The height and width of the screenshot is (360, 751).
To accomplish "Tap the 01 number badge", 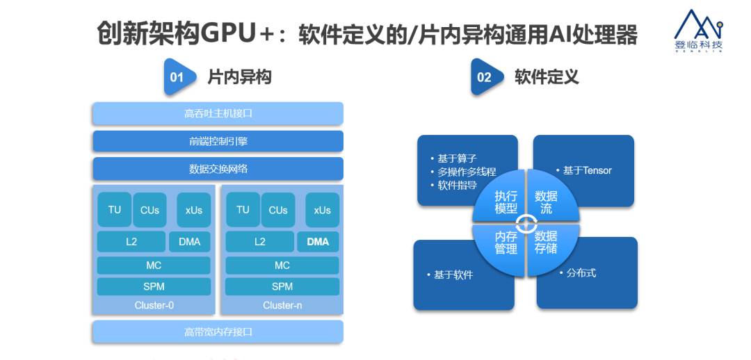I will coord(177,77).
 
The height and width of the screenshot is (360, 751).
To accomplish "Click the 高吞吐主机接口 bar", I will coord(218,113).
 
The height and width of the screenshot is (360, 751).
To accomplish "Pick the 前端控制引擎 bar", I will coord(218,141).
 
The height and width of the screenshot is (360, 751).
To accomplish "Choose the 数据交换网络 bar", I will coord(218,169).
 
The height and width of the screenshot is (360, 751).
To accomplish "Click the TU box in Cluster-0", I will coord(114,209).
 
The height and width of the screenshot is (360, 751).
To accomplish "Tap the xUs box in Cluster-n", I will coord(322,210).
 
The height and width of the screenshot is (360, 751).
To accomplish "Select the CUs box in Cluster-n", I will coord(278,210).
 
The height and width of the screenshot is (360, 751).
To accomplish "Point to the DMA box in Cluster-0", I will coord(189,242).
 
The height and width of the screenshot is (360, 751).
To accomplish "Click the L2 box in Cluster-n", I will coord(259,242).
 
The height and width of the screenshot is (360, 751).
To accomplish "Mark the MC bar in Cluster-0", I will coord(154,265).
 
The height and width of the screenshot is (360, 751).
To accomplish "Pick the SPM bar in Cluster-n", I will coord(282,286).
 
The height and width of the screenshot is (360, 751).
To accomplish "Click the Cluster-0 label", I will coord(154,305).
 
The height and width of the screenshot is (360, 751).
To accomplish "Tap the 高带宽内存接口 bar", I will coord(218,332).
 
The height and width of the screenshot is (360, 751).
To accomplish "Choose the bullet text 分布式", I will coord(579,273).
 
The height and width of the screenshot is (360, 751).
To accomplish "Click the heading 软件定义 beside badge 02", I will coord(546,76).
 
